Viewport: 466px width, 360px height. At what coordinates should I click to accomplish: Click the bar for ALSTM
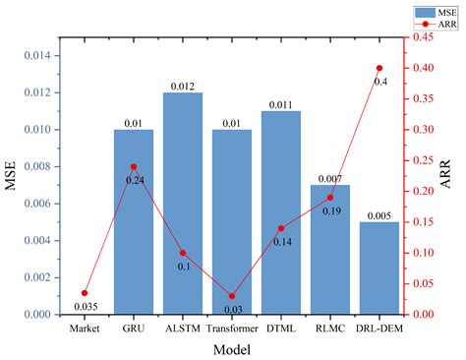tap(183, 204)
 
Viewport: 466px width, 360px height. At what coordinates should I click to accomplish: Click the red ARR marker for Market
tap(85, 293)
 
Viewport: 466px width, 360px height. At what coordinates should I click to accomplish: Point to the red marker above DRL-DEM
tap(379, 68)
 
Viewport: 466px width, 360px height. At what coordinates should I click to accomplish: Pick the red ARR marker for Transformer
tap(232, 296)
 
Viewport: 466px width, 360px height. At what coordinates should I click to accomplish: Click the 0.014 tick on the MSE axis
tap(36, 56)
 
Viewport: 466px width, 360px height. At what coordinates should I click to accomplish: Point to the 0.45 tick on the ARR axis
tap(425, 37)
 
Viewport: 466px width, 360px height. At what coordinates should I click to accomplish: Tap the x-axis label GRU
tap(134, 328)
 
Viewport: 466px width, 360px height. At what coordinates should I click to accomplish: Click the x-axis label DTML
tap(281, 328)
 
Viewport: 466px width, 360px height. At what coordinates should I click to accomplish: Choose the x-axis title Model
tap(232, 348)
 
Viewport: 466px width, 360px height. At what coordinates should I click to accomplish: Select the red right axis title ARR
tap(453, 176)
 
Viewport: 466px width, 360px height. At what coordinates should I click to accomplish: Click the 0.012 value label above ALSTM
tap(183, 86)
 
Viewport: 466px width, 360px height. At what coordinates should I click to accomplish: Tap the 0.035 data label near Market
tap(85, 307)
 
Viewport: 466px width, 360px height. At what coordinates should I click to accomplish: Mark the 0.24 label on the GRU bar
tap(135, 180)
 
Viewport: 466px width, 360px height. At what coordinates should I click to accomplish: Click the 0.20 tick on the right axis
tap(425, 191)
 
